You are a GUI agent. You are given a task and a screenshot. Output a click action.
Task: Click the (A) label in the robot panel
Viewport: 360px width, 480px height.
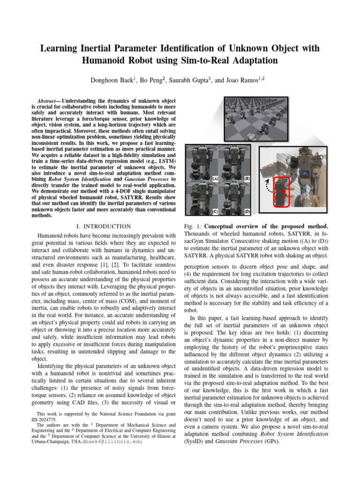pyautogui.click(x=215, y=179)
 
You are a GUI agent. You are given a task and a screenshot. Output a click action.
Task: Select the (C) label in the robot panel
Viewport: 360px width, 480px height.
pyautogui.click(x=215, y=211)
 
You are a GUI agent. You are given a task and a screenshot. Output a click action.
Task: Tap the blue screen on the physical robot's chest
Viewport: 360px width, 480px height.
pyautogui.click(x=306, y=172)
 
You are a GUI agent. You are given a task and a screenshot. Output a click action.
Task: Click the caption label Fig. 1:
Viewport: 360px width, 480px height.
pyautogui.click(x=194, y=227)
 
